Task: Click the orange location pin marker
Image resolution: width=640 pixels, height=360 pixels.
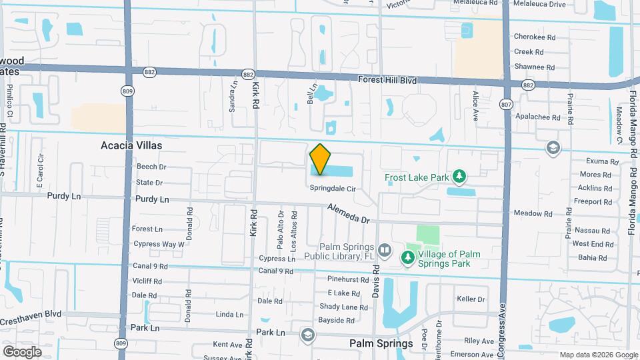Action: (320, 159)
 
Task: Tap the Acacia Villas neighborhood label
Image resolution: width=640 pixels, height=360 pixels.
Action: (131, 145)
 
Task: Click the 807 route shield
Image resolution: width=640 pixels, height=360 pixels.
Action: (506, 103)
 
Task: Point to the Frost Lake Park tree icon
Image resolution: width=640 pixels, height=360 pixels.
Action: (459, 176)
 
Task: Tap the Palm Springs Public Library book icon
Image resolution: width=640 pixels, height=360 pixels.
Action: (385, 251)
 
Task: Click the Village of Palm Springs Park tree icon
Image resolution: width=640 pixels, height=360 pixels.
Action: (407, 257)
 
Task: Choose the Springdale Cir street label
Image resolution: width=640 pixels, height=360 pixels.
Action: (331, 188)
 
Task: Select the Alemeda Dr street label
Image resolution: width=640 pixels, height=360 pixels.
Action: (348, 213)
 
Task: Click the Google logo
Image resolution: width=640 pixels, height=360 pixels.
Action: (21, 351)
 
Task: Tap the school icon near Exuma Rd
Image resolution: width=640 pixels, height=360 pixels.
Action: (552, 147)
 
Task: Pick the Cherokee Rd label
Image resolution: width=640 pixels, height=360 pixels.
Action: (534, 37)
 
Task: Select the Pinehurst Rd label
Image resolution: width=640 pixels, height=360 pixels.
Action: (348, 279)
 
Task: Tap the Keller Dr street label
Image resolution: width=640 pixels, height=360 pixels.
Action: (471, 299)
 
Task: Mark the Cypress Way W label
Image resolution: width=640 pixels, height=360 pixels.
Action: (158, 245)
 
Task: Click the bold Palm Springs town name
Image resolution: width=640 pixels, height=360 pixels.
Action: (381, 344)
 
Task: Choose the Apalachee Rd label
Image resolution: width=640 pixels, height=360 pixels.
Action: (536, 116)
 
